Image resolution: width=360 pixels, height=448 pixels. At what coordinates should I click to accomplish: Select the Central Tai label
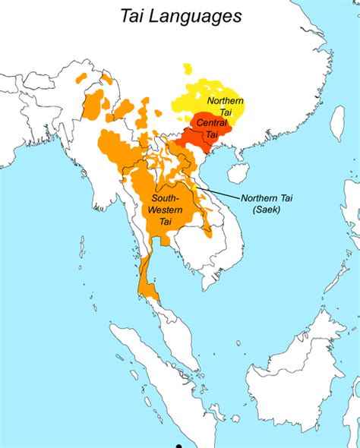(207, 129)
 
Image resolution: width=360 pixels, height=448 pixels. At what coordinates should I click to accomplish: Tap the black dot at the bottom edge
(178, 446)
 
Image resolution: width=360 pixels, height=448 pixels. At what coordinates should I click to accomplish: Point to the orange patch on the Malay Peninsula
(150, 292)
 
